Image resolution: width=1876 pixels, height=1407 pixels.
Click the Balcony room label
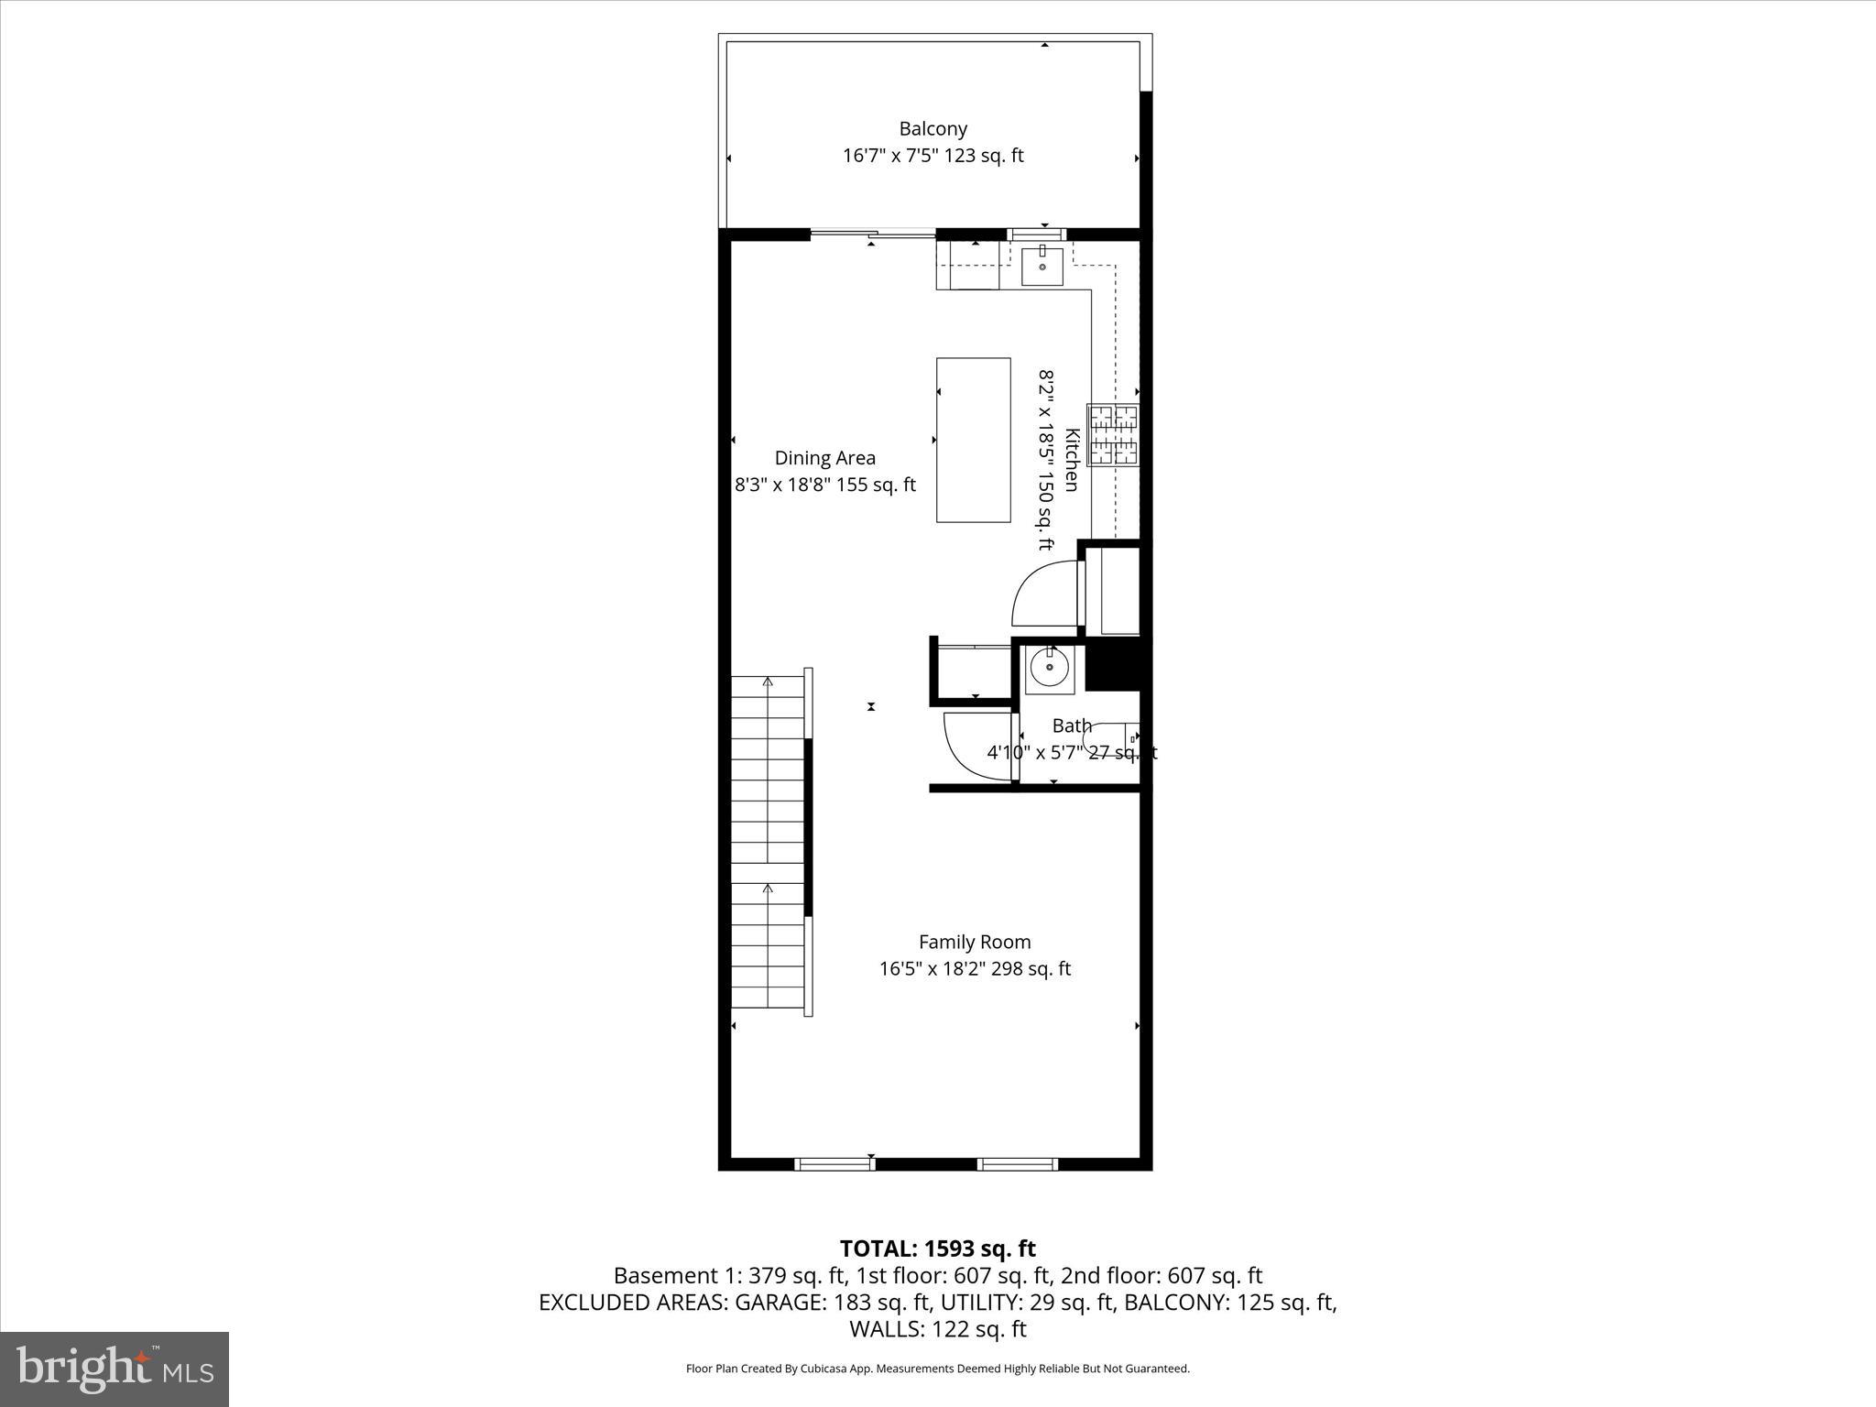click(933, 129)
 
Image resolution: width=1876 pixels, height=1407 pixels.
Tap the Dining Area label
click(824, 458)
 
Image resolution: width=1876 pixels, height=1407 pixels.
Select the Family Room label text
click(975, 942)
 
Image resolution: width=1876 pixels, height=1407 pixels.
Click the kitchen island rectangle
click(973, 440)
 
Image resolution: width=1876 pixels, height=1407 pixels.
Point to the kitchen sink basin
click(1042, 267)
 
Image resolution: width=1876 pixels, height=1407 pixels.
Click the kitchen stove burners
click(1113, 435)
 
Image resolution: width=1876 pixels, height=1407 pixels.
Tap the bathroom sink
click(1049, 667)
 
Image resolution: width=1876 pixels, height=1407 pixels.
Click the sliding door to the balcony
click(872, 234)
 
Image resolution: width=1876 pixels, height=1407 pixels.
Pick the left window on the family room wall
click(834, 1164)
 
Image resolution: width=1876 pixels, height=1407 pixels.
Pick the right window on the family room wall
click(1018, 1164)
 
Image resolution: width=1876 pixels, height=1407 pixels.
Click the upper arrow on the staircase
click(768, 682)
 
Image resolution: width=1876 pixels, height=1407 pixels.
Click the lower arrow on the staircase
click(768, 889)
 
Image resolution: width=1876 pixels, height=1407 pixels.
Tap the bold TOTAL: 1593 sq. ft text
click(937, 1249)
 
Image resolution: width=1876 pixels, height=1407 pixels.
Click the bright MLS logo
click(115, 1369)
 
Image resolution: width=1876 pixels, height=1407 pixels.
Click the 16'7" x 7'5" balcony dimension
click(933, 156)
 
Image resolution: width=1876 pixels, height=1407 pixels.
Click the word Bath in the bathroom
click(1072, 726)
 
